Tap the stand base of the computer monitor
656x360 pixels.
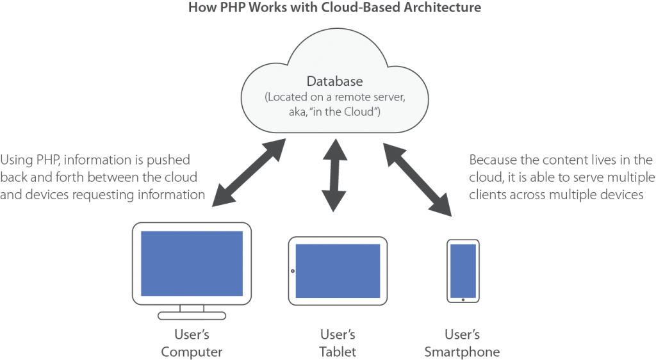[191, 315]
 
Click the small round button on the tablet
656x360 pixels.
[293, 271]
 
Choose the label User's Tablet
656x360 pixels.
[337, 343]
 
